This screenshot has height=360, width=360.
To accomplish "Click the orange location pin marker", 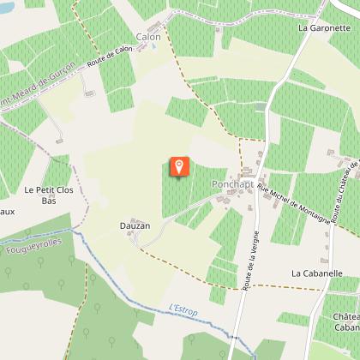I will (x=178, y=165).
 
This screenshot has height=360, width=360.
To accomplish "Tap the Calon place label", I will (x=148, y=37).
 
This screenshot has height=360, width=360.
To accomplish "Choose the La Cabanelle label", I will (x=324, y=273).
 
